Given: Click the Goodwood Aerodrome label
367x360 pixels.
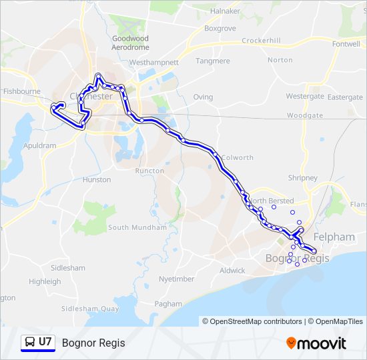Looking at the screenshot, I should click(x=129, y=43).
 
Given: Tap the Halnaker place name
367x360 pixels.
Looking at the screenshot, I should click(x=224, y=11).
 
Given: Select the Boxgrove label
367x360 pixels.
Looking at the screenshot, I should click(x=220, y=29).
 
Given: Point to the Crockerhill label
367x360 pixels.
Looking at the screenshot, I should click(x=261, y=41).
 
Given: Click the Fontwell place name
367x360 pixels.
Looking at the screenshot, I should click(x=346, y=44).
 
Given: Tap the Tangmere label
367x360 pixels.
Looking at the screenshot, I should click(x=213, y=61).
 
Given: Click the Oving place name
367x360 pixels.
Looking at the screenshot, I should click(x=203, y=97).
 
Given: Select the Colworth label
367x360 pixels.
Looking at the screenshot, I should click(x=237, y=158).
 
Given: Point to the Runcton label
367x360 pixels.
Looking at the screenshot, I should click(x=149, y=171).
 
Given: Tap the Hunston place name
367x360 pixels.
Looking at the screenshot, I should click(x=97, y=180).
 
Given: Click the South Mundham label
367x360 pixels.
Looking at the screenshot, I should click(x=137, y=227).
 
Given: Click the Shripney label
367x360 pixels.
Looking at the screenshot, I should click(x=303, y=178).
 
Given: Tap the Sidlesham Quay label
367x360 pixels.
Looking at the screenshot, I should click(x=90, y=309).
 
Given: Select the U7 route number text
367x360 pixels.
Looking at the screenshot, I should click(x=45, y=343).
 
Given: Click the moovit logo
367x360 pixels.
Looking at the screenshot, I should click(x=316, y=343).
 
